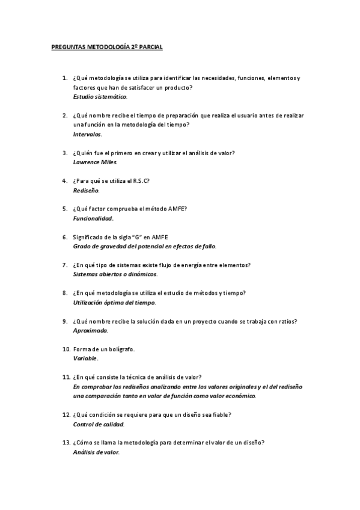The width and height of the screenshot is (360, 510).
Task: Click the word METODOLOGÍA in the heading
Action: [x=106, y=46]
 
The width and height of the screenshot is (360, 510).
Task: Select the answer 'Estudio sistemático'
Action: [x=100, y=96]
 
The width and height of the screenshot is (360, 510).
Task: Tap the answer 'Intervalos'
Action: [x=87, y=134]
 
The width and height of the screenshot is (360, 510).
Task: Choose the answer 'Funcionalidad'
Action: [x=93, y=218]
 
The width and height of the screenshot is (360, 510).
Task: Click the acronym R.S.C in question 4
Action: [x=140, y=180]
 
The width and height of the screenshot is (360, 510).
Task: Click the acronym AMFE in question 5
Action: [x=176, y=209]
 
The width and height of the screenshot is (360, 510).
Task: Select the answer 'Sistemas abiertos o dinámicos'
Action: [x=115, y=274]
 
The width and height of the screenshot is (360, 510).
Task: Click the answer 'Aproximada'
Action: [x=90, y=331]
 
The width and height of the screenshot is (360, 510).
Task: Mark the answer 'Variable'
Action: [x=85, y=358]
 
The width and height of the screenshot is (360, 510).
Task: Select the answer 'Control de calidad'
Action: [x=98, y=424]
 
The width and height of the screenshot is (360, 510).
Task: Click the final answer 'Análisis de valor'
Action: [x=96, y=452]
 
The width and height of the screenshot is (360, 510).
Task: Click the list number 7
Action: [x=64, y=265]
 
